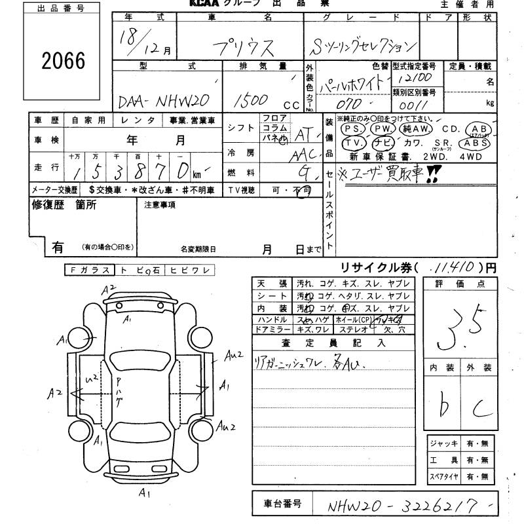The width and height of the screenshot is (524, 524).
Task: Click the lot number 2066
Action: point(64,61)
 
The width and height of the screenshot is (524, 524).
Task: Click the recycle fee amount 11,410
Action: point(454,268)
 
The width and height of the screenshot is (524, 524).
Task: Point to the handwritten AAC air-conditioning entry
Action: point(303,154)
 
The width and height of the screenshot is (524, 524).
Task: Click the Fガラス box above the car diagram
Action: point(90,270)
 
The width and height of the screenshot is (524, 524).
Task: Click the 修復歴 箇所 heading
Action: point(64,205)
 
